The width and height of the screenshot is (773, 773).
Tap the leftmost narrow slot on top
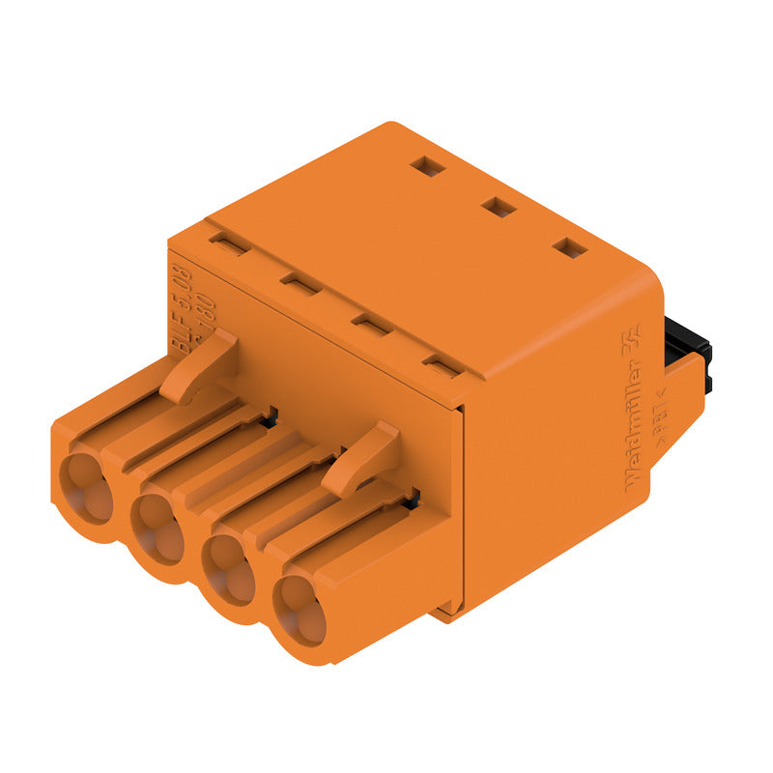coord(230,243)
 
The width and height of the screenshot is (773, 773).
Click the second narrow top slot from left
coord(301,283)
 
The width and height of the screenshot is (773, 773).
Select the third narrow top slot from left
coord(371,324)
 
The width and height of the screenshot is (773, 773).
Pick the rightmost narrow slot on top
coord(442,366)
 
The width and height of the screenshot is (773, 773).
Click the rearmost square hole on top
coord(427,166)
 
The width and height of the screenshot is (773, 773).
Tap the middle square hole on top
coord(499,206)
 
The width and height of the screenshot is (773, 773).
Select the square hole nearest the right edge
coord(570,247)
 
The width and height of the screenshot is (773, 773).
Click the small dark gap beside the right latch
coord(413,499)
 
